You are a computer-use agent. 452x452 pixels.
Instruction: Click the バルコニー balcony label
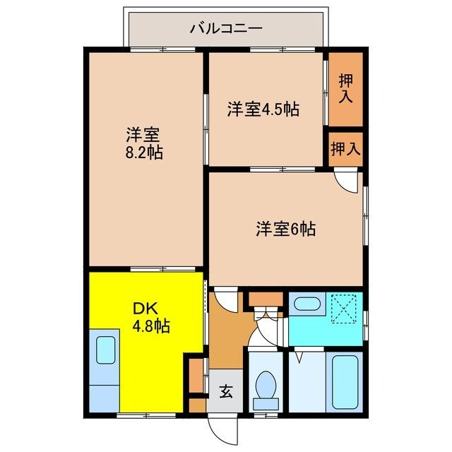click(x=226, y=29)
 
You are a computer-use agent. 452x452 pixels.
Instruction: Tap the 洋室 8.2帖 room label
click(x=145, y=143)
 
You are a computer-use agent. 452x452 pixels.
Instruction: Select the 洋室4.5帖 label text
click(x=263, y=109)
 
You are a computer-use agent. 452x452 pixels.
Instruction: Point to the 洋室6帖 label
click(x=285, y=229)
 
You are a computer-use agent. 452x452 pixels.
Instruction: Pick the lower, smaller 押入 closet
click(x=345, y=149)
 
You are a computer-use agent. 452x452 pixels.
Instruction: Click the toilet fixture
click(x=267, y=386)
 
